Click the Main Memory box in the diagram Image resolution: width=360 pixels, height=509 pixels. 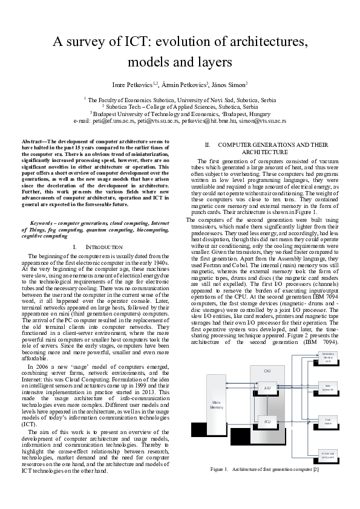[x=217, y=405]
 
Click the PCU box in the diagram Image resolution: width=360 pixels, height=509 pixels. [x=267, y=421]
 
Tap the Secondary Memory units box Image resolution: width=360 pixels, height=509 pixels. [x=328, y=357]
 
